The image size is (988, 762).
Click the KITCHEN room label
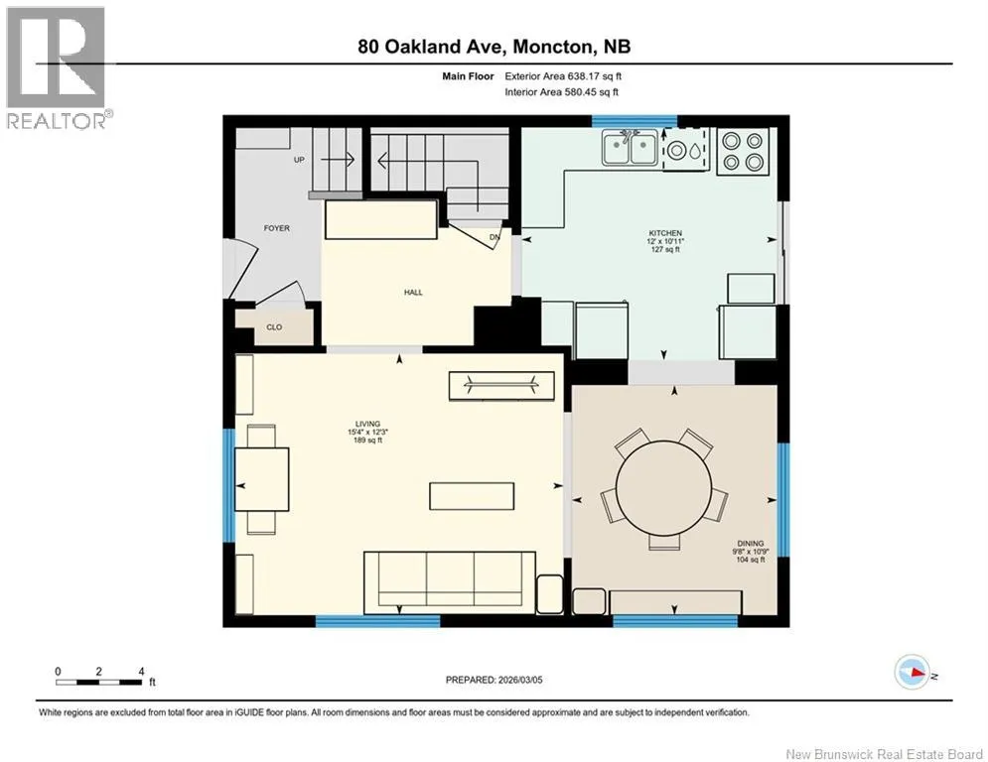point(665,233)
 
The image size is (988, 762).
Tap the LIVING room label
point(367,424)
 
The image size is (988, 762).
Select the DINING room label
point(751,543)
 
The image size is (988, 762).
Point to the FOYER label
point(277,228)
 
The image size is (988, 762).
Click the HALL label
point(413,293)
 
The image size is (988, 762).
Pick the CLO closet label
point(274,327)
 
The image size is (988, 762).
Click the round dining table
point(663,487)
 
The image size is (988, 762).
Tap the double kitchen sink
point(630,148)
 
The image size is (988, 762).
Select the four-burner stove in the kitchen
point(743,151)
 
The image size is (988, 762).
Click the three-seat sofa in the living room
point(450,582)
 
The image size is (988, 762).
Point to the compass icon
point(913,672)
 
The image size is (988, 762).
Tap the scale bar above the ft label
point(99,682)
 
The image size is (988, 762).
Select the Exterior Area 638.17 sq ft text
point(563,76)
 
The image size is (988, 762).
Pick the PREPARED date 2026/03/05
point(494,680)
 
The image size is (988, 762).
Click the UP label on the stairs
point(299,160)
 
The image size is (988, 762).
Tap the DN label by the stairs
point(494,237)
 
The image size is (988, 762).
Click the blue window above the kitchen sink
point(634,121)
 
